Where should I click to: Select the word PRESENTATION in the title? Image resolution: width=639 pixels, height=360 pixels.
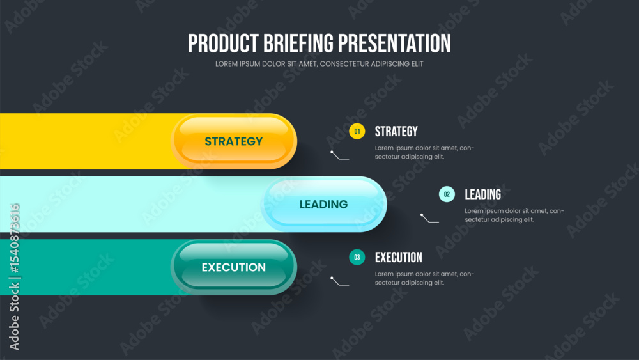tap(394, 43)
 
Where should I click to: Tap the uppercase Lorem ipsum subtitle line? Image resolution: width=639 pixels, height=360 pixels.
tap(319, 64)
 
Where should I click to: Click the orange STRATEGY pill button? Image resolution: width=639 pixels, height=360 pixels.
tap(234, 141)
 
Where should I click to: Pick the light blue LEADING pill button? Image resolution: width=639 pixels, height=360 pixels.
tap(324, 204)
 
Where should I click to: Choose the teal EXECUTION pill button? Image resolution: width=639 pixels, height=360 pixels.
tap(234, 267)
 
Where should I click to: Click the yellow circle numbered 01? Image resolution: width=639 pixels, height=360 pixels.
tap(357, 131)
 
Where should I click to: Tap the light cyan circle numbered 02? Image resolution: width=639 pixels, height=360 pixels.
tap(447, 194)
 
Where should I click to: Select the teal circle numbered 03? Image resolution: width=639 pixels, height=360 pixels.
tap(357, 257)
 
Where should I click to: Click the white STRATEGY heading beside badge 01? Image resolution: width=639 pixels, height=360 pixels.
tap(396, 131)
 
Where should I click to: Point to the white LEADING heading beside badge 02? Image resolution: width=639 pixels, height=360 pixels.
tap(483, 194)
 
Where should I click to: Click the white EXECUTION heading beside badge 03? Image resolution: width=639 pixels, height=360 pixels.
tap(399, 257)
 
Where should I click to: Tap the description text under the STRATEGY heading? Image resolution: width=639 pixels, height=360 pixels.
tap(425, 152)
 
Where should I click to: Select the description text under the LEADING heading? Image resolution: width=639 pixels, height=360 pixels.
tap(514, 215)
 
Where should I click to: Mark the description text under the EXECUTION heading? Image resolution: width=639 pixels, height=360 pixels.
tap(425, 278)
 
